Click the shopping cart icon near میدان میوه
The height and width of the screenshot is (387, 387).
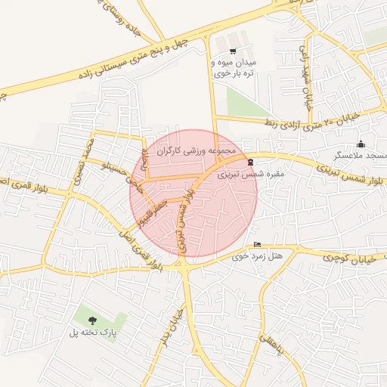point(232,51)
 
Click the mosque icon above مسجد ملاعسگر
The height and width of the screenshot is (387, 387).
point(361,144)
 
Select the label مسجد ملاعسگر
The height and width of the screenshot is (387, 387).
point(361,155)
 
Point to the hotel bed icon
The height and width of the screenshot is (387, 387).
point(258,244)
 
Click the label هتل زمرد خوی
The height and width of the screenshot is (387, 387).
point(258,255)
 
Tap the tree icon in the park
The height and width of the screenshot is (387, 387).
point(93,321)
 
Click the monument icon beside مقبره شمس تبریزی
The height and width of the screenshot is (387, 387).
point(249,162)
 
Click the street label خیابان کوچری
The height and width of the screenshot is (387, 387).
point(328,257)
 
